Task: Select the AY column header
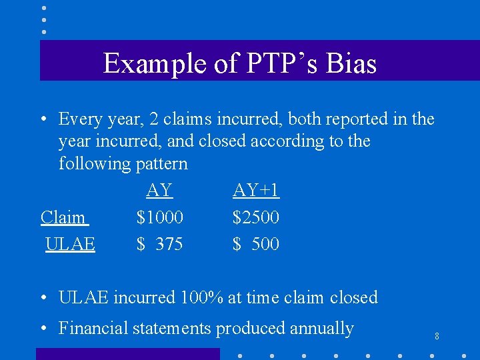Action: pyautogui.click(x=159, y=191)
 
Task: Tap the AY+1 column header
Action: pyautogui.click(x=256, y=191)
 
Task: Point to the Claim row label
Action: pyautogui.click(x=64, y=217)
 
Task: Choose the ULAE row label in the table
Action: pyautogui.click(x=70, y=244)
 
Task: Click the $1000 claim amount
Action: pyautogui.click(x=160, y=217)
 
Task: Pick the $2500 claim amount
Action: pyautogui.click(x=256, y=217)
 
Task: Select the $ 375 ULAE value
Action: pyautogui.click(x=160, y=244)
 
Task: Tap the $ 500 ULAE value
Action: pyautogui.click(x=256, y=244)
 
